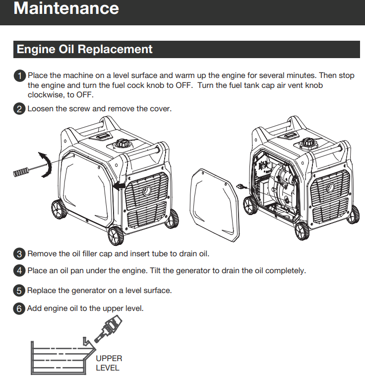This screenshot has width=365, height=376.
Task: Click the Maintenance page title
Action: tap(66, 8)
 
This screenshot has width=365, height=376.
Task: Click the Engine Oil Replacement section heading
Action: tap(85, 49)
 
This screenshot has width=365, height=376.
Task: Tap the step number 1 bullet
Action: tap(19, 76)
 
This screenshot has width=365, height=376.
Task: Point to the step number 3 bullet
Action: tap(19, 254)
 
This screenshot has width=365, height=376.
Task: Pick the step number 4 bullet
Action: tap(19, 271)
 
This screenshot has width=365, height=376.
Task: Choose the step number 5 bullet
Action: tap(19, 291)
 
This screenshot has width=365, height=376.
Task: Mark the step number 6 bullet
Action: tap(19, 309)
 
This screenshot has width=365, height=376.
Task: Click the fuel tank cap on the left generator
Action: tap(122, 144)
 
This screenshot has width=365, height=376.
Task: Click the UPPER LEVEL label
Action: tap(109, 363)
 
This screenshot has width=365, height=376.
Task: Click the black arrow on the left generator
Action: tap(118, 186)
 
